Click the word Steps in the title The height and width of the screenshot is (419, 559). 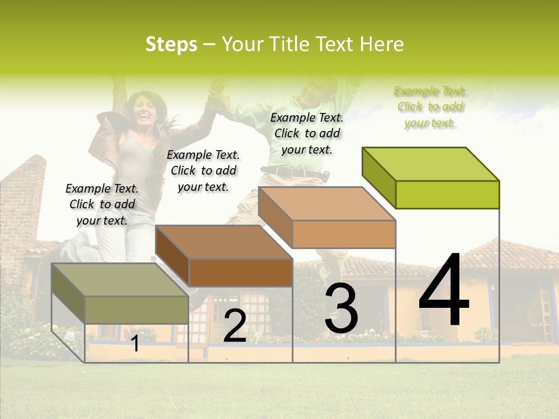point(171,44)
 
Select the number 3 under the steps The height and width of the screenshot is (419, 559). point(341,308)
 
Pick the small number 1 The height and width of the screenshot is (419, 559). point(135,343)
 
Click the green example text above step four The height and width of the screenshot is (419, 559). point(430,107)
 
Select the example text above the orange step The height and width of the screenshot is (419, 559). point(307,134)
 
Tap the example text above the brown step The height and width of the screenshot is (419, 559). point(203,171)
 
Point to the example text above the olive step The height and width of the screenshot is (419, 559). point(102,204)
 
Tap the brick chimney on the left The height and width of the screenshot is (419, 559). point(26,198)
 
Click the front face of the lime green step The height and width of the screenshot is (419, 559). point(447,194)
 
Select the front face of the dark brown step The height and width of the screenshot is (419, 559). point(240,272)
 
